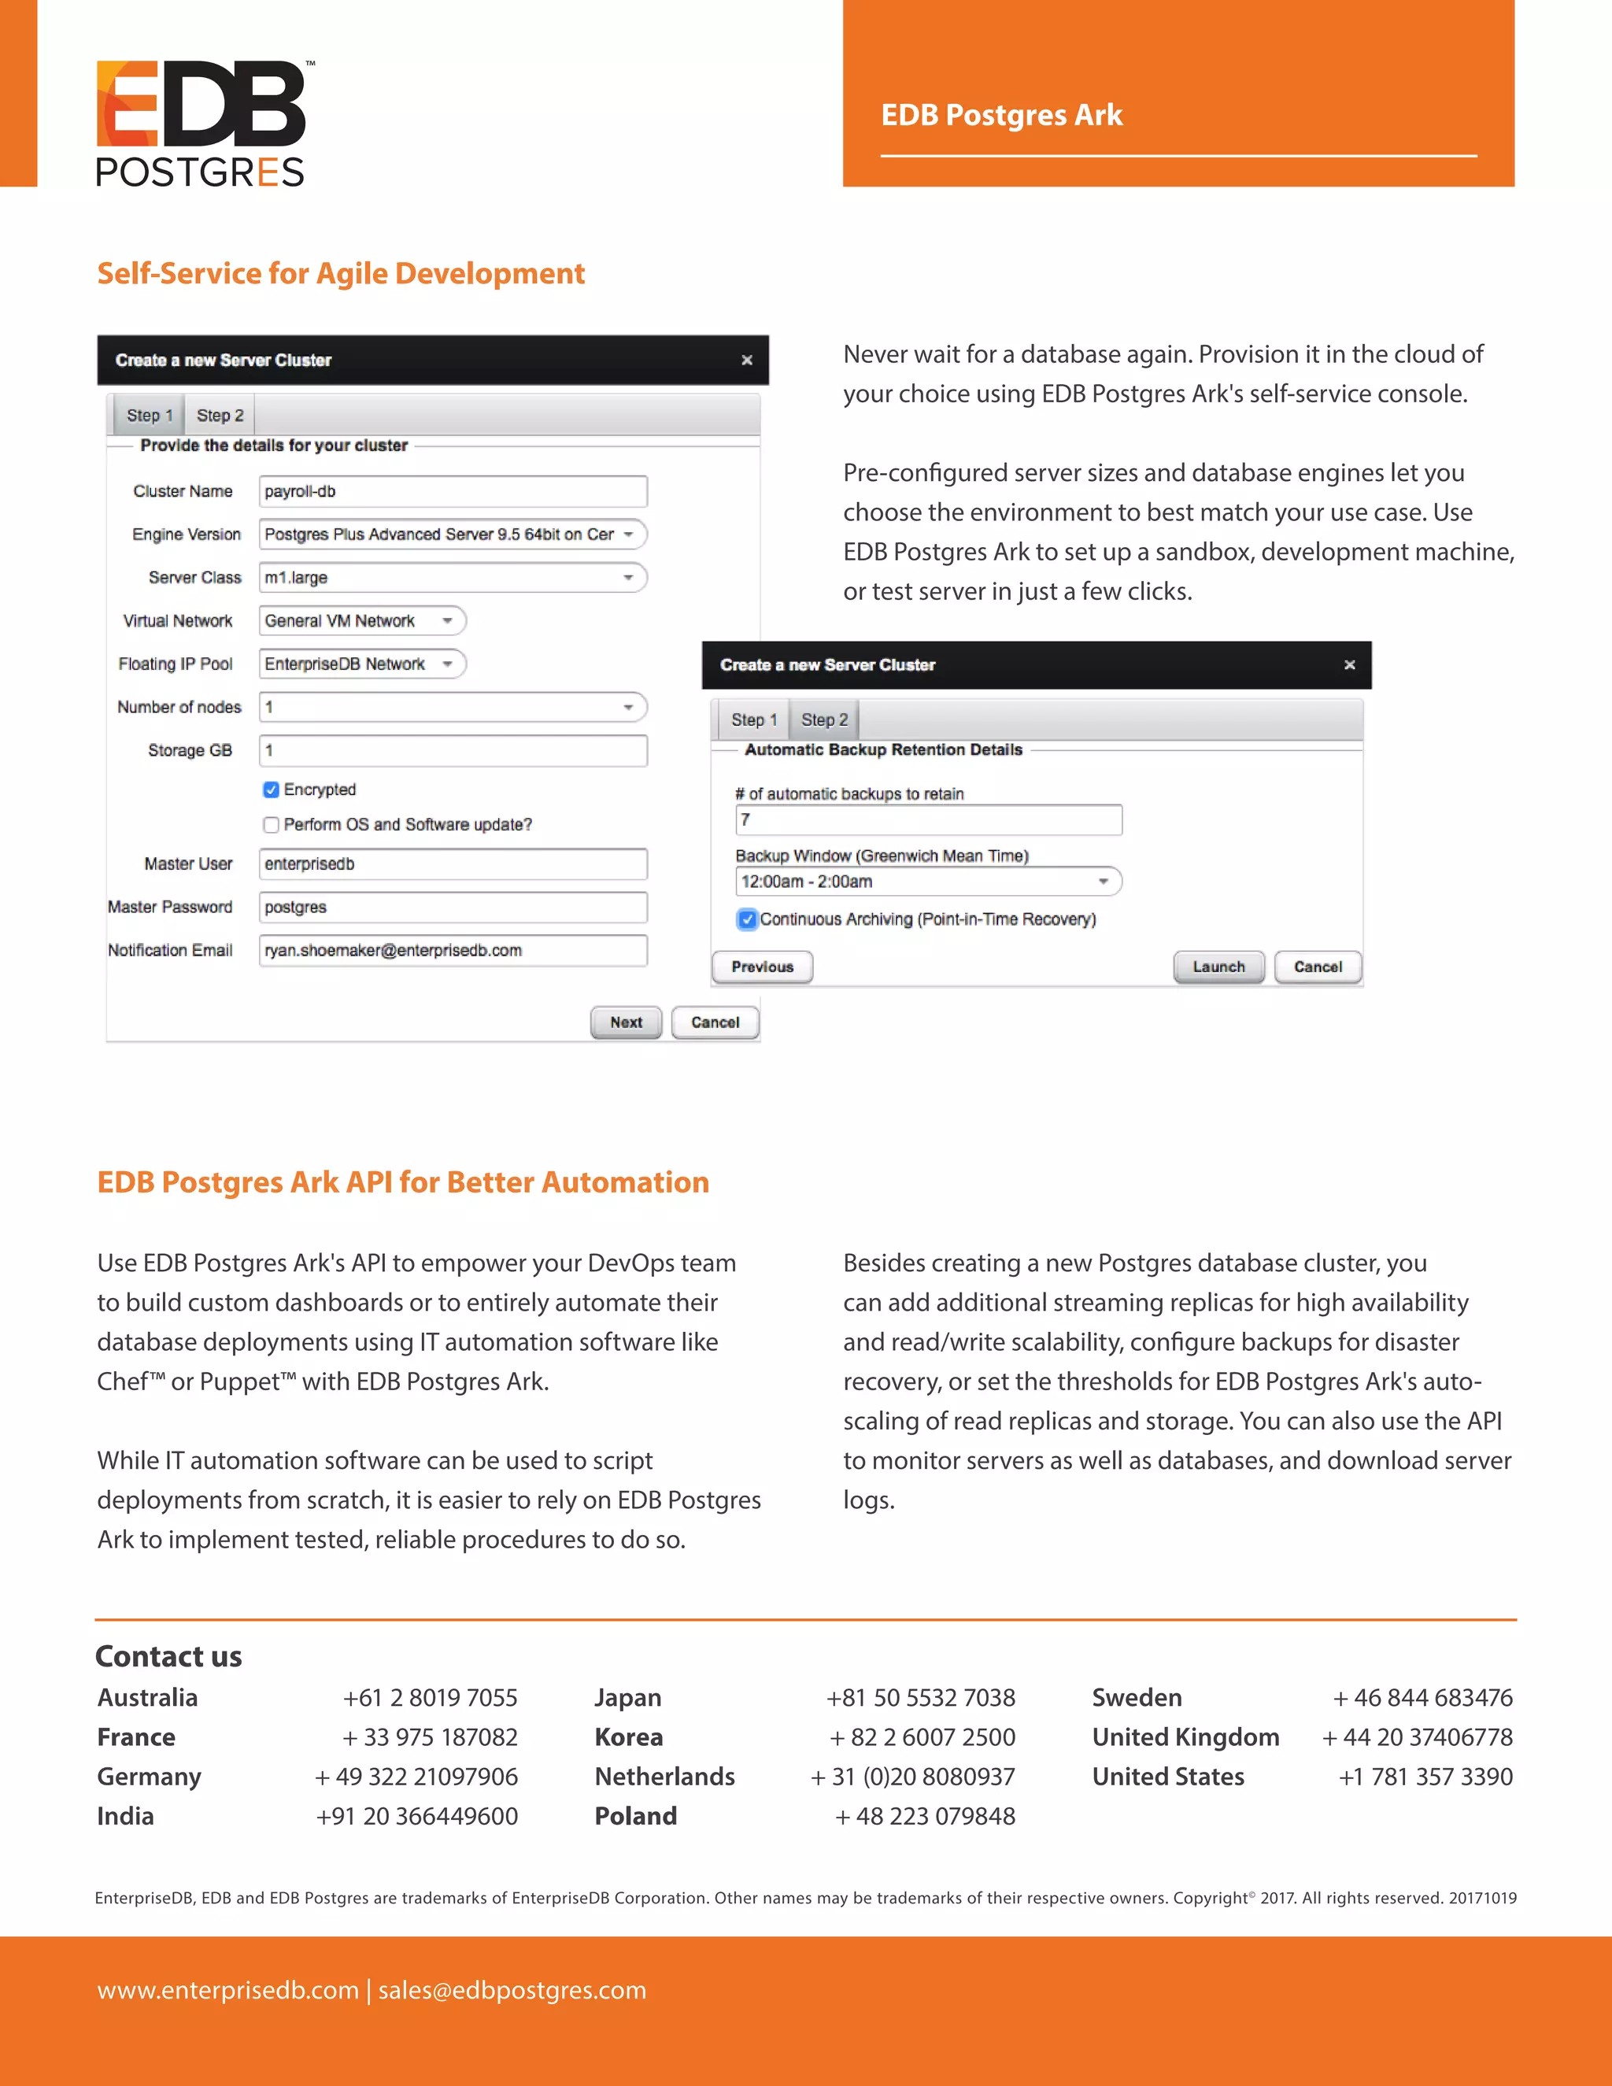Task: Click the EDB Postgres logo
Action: pos(201,122)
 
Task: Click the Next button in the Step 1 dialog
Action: pos(626,1022)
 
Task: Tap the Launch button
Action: pos(1218,967)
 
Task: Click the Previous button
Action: pos(762,967)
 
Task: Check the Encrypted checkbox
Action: pos(272,790)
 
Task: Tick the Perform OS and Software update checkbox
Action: pos(272,825)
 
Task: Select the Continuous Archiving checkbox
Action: pos(747,919)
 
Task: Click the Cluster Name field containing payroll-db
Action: pos(453,492)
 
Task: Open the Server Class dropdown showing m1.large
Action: pos(453,578)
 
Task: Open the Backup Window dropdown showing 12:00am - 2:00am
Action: pos(927,882)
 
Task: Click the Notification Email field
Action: pos(453,950)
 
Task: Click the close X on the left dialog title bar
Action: pos(747,360)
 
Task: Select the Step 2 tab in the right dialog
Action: pos(824,720)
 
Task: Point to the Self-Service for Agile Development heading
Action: pos(341,274)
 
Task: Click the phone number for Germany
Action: pos(416,1777)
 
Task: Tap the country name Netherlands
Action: pos(664,1777)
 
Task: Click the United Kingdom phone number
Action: pos(1417,1737)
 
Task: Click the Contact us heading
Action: pos(169,1656)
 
